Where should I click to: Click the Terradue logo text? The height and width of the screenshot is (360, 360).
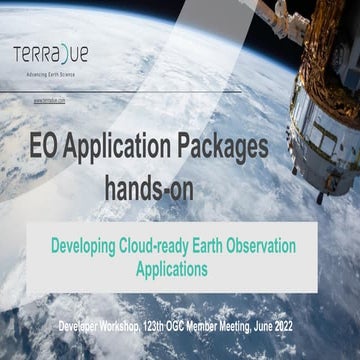coord(50,55)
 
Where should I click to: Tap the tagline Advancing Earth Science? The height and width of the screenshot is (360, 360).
coord(50,74)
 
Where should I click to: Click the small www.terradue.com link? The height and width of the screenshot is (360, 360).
coord(50,101)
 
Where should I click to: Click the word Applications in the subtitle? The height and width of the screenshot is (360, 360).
coord(171,267)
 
